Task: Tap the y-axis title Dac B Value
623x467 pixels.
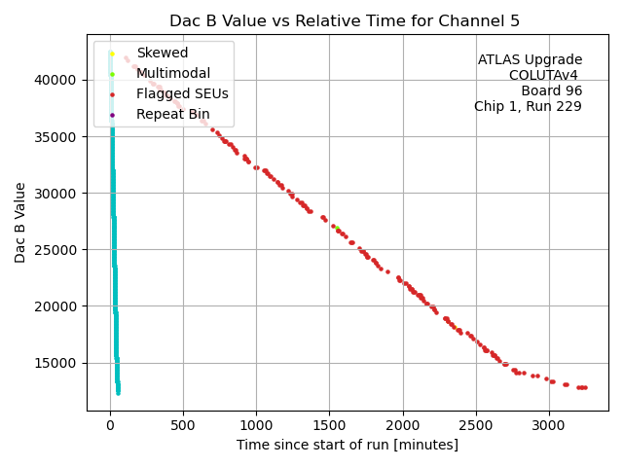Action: click(x=20, y=222)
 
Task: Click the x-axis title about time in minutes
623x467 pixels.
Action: click(x=347, y=445)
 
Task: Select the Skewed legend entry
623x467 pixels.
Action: click(x=162, y=53)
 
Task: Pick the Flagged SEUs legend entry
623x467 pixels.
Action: click(x=182, y=93)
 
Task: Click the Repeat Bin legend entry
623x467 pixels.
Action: click(x=170, y=114)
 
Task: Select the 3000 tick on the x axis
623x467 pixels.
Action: click(x=548, y=424)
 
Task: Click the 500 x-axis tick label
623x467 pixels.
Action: click(x=183, y=424)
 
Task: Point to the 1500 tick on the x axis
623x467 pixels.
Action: click(x=329, y=424)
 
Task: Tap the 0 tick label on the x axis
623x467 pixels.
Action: click(x=110, y=424)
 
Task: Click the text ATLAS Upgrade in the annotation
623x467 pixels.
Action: click(x=530, y=60)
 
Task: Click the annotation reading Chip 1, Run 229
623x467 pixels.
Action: click(x=528, y=106)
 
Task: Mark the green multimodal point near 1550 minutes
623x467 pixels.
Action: click(x=337, y=229)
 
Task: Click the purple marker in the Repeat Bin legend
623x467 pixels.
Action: click(x=112, y=115)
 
